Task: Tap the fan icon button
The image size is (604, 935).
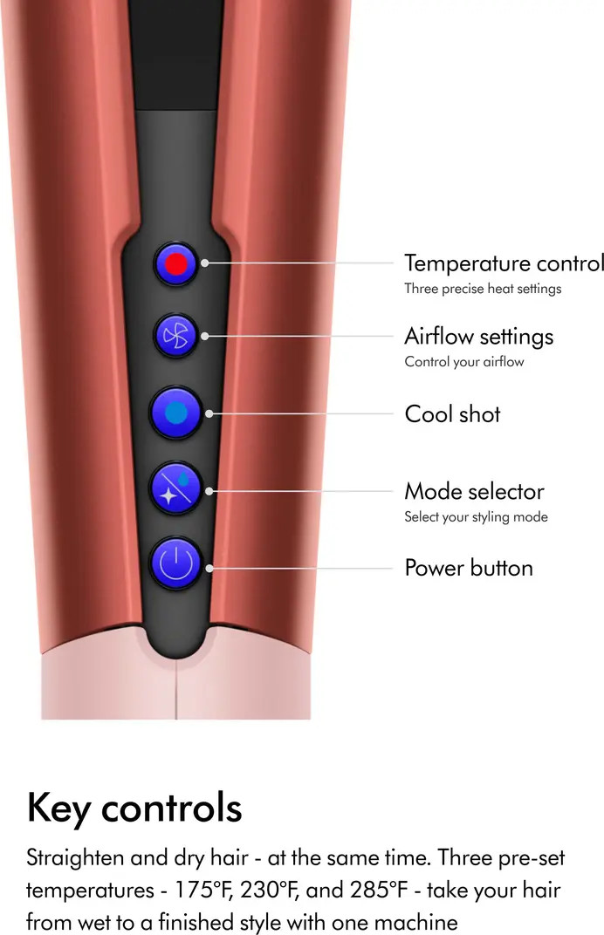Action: click(x=177, y=335)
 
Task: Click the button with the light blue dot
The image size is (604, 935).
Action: click(x=176, y=413)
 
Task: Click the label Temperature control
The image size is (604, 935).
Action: click(x=504, y=263)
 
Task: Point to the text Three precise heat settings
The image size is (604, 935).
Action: click(x=483, y=289)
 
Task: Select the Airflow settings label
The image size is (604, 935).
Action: click(x=478, y=337)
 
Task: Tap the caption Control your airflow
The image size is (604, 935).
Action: click(x=463, y=362)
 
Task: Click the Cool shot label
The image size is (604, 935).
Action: click(x=452, y=414)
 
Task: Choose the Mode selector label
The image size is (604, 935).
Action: click(x=474, y=492)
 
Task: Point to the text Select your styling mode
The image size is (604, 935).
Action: click(x=476, y=517)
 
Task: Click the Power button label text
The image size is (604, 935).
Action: click(x=469, y=569)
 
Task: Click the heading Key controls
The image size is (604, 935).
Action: click(x=134, y=809)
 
